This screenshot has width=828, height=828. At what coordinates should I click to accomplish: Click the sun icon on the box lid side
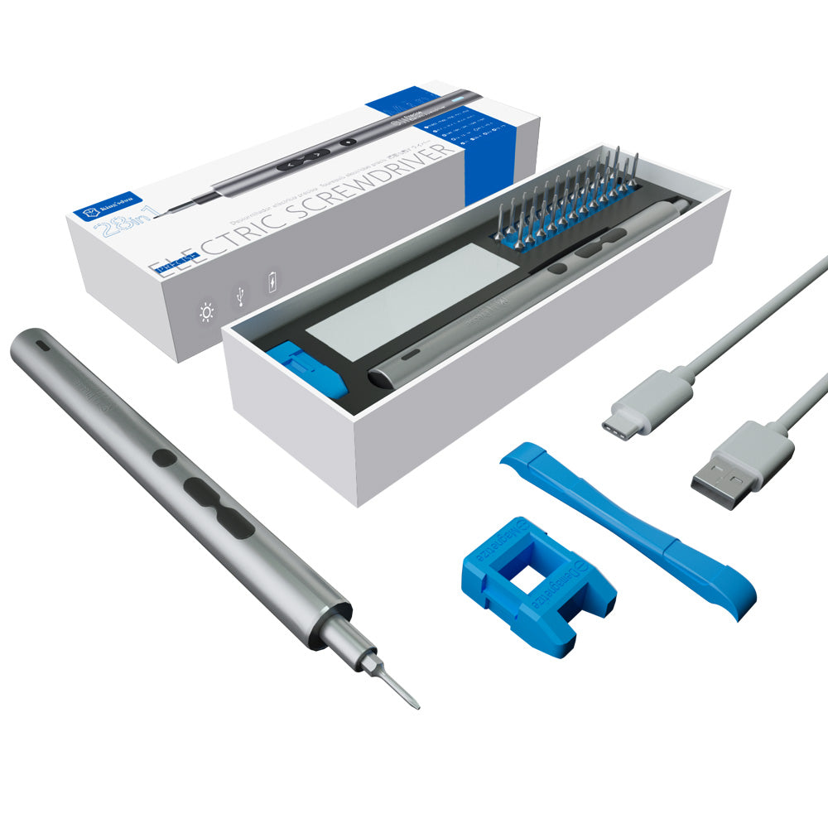pyautogui.click(x=206, y=312)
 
